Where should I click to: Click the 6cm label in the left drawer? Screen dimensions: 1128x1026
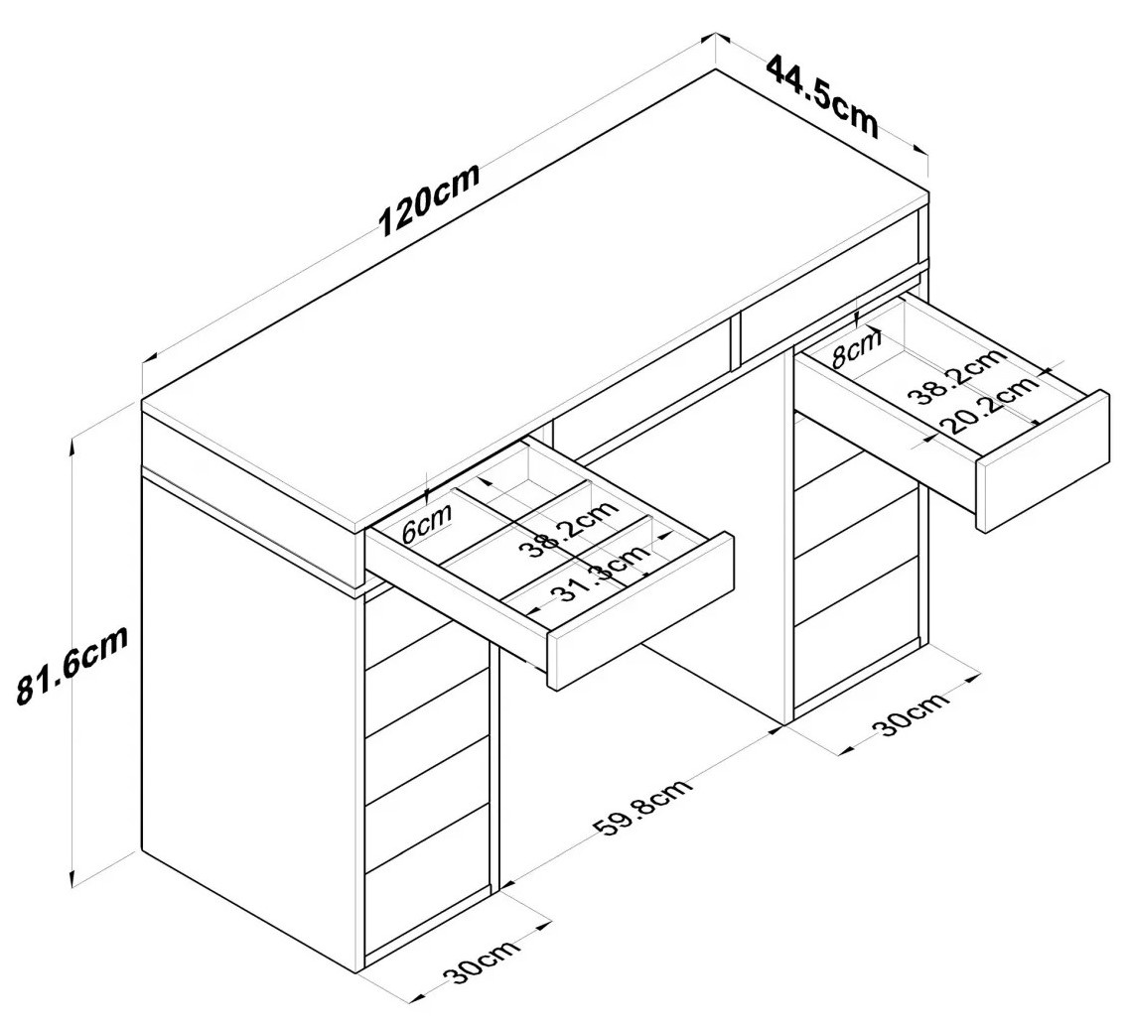click(427, 523)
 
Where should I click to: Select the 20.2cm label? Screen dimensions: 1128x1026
click(990, 402)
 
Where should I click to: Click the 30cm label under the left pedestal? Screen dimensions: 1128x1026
click(482, 962)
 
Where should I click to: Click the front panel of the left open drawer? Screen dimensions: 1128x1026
click(641, 610)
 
